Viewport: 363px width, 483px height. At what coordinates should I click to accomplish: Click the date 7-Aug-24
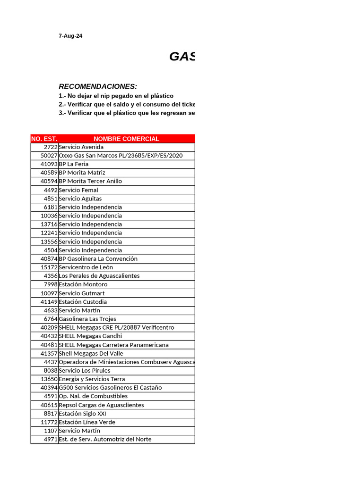[70, 36]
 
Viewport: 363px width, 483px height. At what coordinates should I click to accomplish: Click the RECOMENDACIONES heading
[98, 86]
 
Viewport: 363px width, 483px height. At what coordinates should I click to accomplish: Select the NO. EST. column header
[44, 139]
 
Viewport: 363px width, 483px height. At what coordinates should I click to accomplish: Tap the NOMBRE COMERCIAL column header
[126, 139]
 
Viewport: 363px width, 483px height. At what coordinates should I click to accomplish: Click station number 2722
[51, 147]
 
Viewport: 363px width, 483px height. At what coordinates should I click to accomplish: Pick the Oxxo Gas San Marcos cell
[121, 156]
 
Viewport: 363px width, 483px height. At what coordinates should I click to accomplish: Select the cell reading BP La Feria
[74, 164]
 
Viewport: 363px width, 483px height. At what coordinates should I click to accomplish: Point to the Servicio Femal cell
[78, 190]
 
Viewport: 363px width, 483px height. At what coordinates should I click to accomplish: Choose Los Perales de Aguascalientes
[99, 276]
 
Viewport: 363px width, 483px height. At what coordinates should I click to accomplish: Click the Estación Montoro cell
[83, 284]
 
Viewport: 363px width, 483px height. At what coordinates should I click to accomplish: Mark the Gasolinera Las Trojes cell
[87, 319]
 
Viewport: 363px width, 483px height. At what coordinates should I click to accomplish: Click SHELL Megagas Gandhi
[90, 336]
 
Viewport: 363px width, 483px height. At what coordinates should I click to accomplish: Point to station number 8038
[51, 371]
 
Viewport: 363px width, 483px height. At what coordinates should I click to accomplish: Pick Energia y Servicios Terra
[92, 379]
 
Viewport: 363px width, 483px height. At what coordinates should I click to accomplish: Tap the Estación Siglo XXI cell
[82, 414]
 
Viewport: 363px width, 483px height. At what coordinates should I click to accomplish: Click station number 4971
[51, 440]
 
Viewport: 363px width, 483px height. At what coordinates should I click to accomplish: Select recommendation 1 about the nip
[116, 96]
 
